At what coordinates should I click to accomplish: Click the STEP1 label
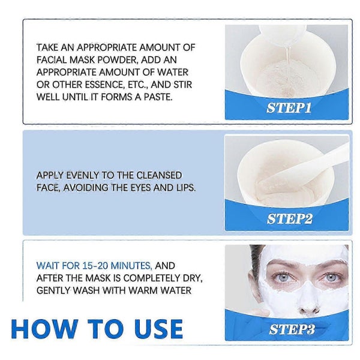pos(289,109)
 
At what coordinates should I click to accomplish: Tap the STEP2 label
pos(289,218)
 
